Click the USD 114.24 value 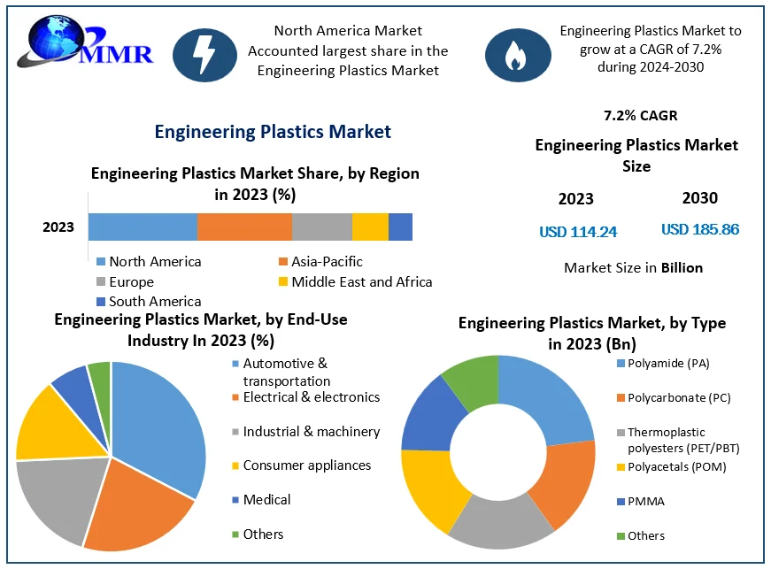(x=578, y=232)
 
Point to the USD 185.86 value (x=700, y=229)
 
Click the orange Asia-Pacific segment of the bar (x=244, y=227)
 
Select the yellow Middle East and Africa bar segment (x=370, y=227)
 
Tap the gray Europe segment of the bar (x=322, y=227)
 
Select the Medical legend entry (x=266, y=499)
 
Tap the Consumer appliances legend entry (x=306, y=465)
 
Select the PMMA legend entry (x=645, y=501)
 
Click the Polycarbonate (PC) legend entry (x=678, y=397)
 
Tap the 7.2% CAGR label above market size (x=640, y=115)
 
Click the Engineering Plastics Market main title (x=273, y=132)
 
